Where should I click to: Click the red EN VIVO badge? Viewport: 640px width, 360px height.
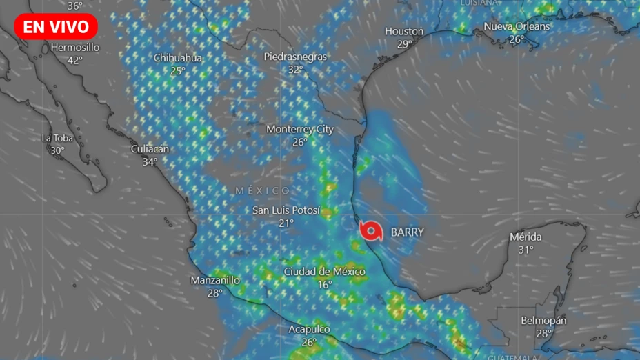(x=56, y=27)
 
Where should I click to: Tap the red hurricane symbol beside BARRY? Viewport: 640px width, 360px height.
(x=372, y=232)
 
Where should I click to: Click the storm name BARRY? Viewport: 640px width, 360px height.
(x=408, y=232)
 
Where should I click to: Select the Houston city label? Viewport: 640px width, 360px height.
(x=404, y=31)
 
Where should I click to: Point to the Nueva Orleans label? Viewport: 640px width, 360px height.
(x=517, y=26)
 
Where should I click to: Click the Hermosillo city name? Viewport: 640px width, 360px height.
(x=75, y=48)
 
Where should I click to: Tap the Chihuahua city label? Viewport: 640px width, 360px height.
(x=178, y=58)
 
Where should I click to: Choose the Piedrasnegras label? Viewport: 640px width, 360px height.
(x=295, y=57)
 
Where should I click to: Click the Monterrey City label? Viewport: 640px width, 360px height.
(x=300, y=129)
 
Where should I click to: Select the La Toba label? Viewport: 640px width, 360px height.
(x=57, y=138)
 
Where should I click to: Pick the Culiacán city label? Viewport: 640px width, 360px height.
(x=150, y=149)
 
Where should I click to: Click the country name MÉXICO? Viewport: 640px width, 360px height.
(x=263, y=190)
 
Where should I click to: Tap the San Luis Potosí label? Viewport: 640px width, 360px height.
(x=286, y=210)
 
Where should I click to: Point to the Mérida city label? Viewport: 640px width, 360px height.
(x=526, y=237)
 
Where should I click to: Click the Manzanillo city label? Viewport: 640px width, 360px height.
(x=215, y=280)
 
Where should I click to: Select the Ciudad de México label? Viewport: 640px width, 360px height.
(x=324, y=272)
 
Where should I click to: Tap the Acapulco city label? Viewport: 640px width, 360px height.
(x=309, y=330)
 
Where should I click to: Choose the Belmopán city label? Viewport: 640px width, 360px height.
(x=544, y=321)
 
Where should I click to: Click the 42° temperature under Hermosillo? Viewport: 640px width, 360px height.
(x=75, y=60)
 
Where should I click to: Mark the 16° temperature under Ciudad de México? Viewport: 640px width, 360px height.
(x=324, y=284)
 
